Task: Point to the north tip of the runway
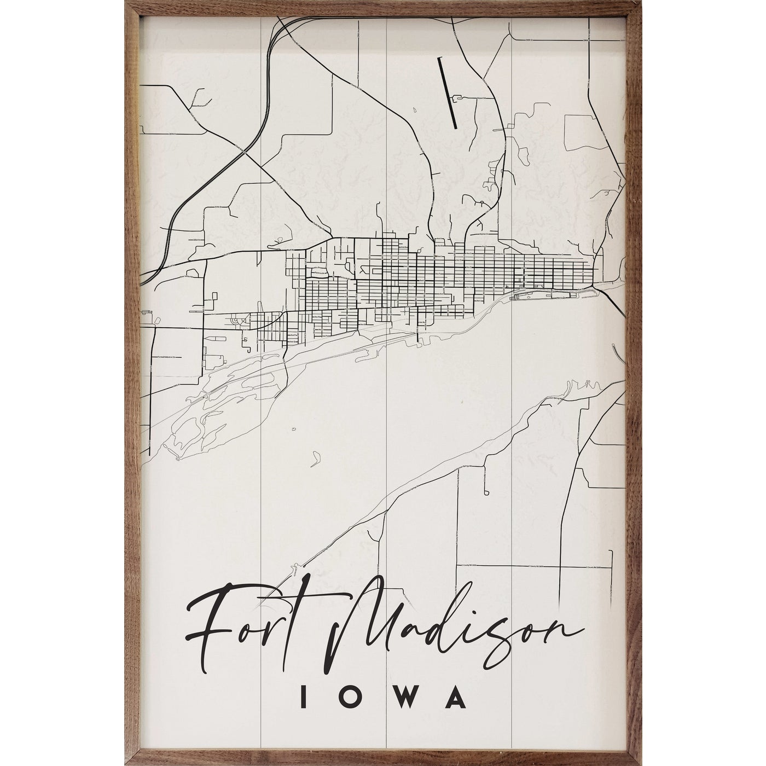(x=440, y=58)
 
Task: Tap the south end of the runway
(x=455, y=128)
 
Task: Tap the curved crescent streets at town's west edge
(x=236, y=321)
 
